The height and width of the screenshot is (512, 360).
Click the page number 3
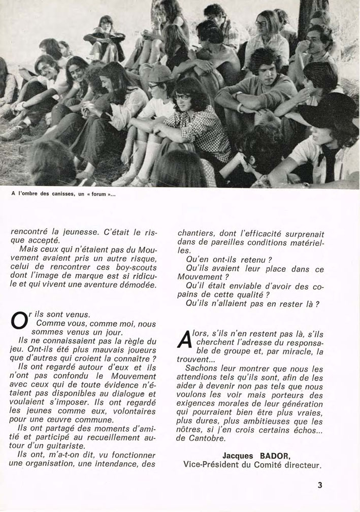pos(320,485)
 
